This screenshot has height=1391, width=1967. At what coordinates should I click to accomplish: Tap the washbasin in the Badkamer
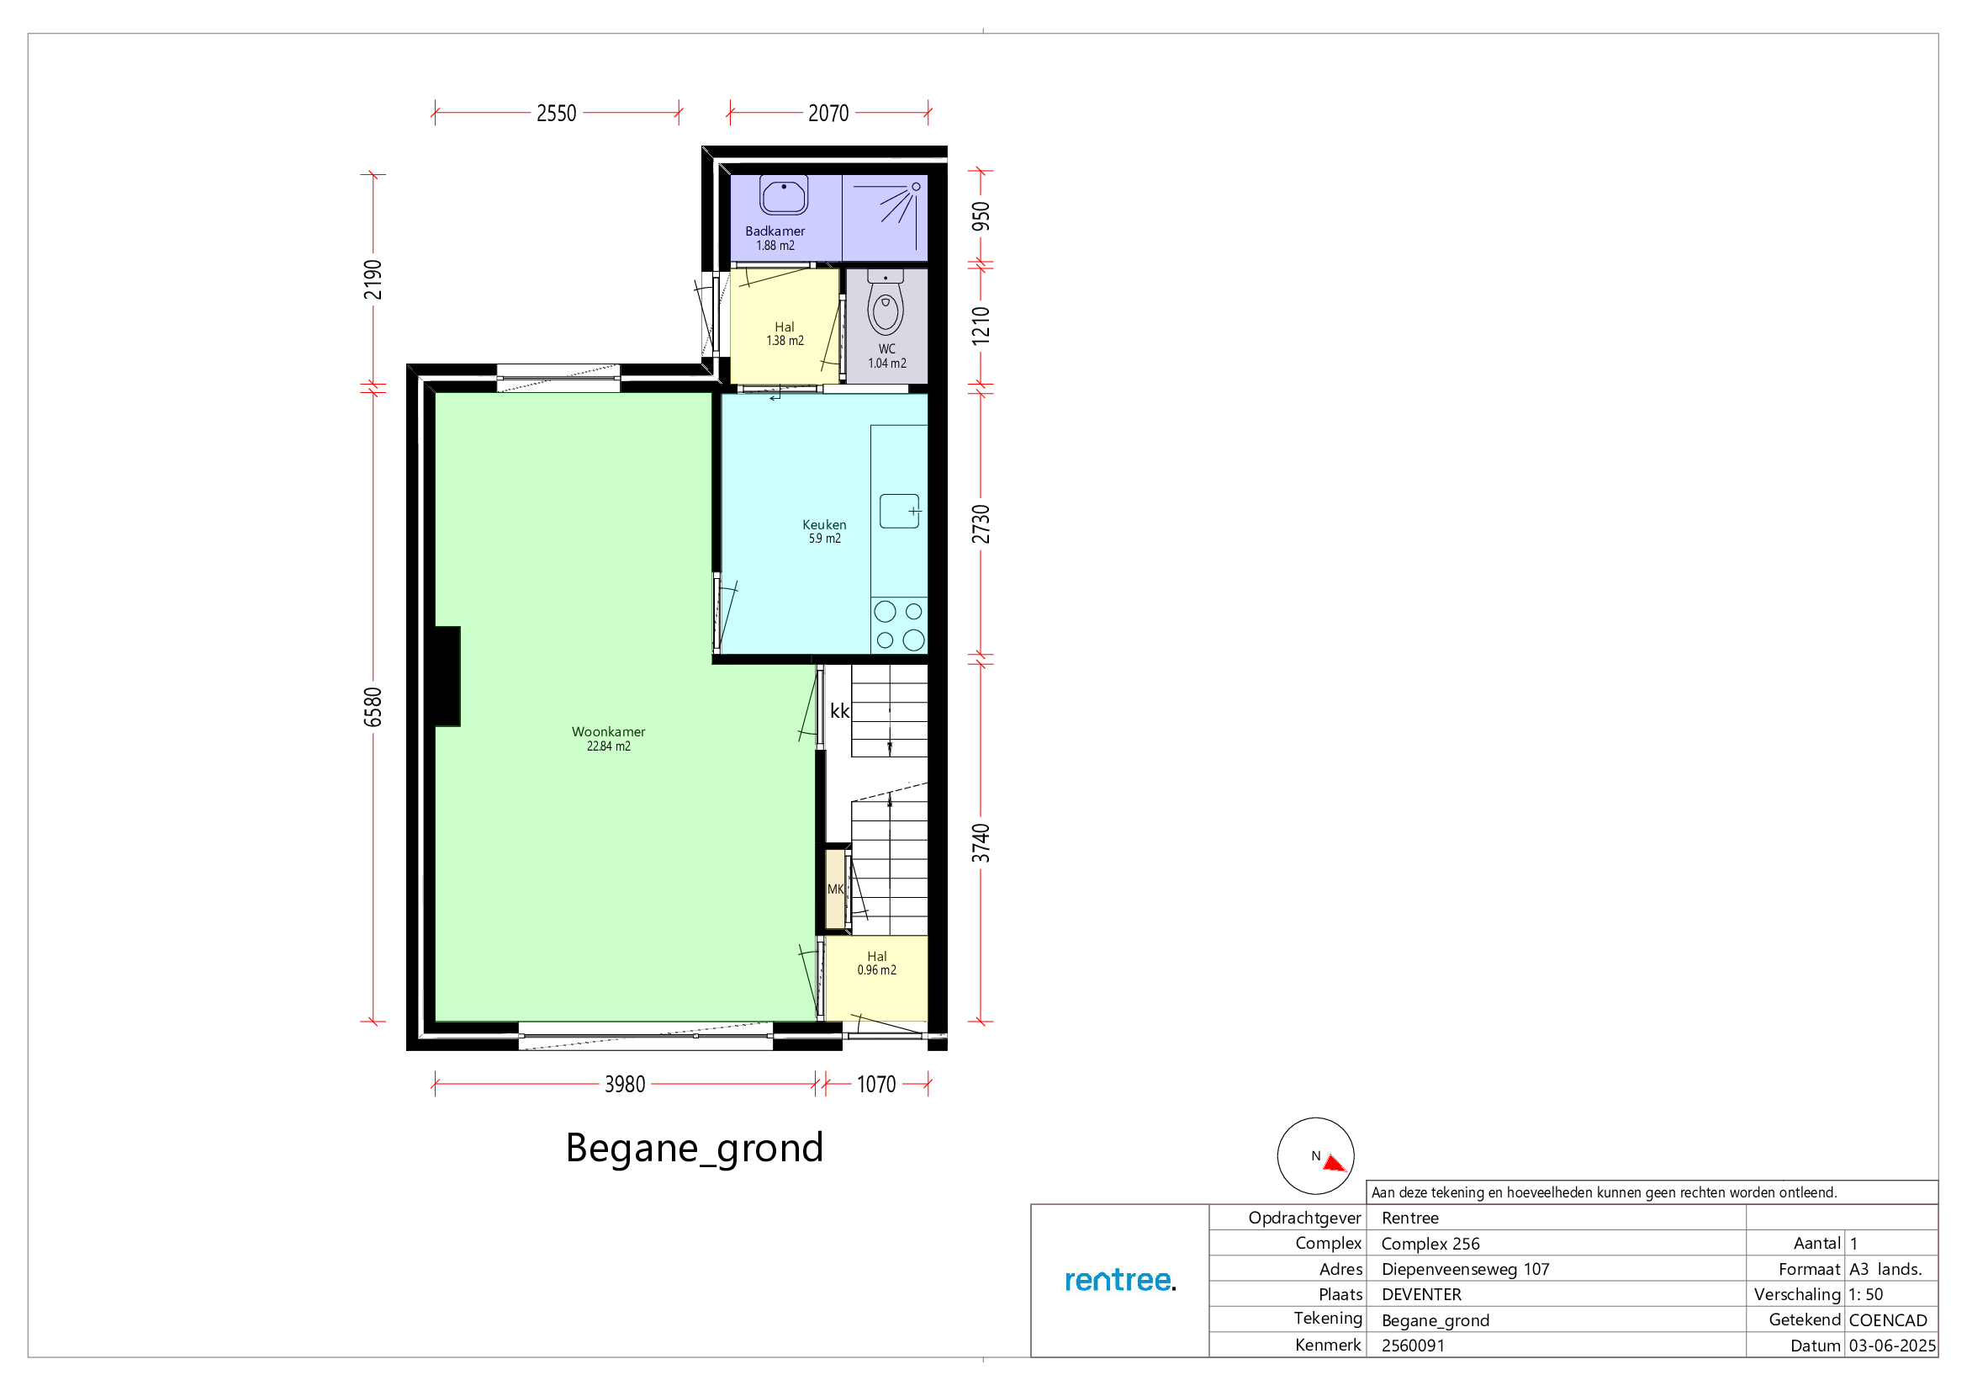783,194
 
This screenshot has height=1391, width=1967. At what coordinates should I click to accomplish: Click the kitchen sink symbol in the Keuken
900,511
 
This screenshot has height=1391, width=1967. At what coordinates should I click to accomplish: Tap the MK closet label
835,889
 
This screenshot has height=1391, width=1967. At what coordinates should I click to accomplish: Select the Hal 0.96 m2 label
876,964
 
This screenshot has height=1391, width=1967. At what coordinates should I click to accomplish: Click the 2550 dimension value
556,113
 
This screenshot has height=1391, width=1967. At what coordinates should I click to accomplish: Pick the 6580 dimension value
373,707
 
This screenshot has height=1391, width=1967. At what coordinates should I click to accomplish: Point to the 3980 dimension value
625,1084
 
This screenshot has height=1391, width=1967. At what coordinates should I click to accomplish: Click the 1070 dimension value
875,1084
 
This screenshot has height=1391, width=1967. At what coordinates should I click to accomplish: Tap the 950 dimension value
980,216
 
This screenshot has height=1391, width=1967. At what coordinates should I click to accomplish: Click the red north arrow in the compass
1334,1163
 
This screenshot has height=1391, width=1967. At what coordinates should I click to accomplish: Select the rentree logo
1119,1280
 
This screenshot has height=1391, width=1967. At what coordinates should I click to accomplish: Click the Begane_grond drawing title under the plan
694,1149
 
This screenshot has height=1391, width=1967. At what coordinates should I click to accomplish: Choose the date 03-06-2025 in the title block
1891,1346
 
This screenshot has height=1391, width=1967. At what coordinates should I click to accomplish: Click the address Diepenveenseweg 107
1465,1269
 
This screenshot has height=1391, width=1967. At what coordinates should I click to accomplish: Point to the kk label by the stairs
839,710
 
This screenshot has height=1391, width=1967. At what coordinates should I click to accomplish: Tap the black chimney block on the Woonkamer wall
447,677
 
